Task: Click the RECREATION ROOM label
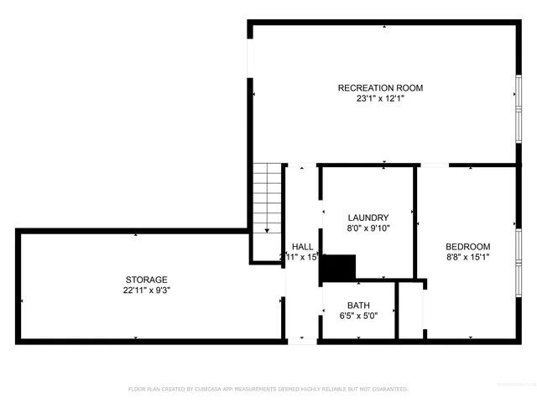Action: (x=380, y=88)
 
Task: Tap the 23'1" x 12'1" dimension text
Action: (x=380, y=98)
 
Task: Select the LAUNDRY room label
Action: (x=368, y=217)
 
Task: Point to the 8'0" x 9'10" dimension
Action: (x=368, y=228)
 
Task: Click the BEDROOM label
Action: (x=467, y=246)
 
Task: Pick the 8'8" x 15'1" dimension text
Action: (x=467, y=257)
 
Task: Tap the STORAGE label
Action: (x=147, y=280)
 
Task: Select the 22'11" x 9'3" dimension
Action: (x=147, y=290)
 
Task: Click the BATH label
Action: (x=358, y=306)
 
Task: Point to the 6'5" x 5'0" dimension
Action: (x=358, y=316)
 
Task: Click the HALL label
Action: (x=302, y=246)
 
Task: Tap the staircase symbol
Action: (x=267, y=199)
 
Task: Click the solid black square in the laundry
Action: (x=339, y=269)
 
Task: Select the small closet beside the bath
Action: (x=409, y=311)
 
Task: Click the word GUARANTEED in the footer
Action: (x=388, y=390)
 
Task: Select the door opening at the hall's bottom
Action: (x=302, y=340)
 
